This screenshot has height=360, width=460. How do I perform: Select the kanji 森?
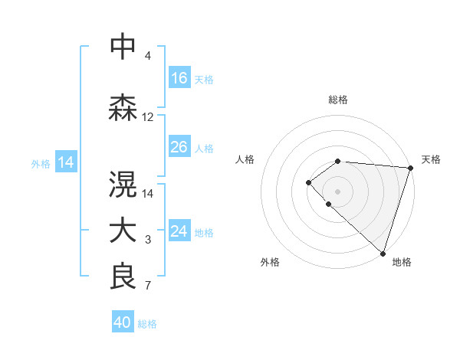click(x=123, y=107)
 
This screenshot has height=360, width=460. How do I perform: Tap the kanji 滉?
click(x=123, y=183)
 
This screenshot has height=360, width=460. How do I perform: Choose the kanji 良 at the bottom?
click(x=123, y=277)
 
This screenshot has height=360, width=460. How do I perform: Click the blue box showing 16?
click(x=179, y=77)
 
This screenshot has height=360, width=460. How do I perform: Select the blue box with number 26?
click(x=179, y=147)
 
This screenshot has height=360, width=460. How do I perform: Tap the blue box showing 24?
click(x=179, y=231)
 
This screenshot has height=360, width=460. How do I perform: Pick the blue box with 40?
click(x=123, y=322)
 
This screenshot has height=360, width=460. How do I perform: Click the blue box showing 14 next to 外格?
click(x=65, y=162)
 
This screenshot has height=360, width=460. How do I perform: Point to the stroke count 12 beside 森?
click(x=148, y=117)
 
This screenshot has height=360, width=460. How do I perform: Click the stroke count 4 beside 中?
click(x=147, y=56)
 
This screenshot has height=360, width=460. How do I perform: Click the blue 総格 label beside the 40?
click(x=147, y=324)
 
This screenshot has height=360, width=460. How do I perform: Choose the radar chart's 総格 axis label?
click(x=338, y=100)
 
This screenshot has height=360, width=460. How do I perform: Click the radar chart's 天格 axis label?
click(x=431, y=159)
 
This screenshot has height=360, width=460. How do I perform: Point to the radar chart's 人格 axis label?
click(x=245, y=159)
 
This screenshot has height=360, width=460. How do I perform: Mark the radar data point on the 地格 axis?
click(x=383, y=252)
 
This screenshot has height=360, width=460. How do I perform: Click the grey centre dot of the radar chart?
click(x=338, y=190)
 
